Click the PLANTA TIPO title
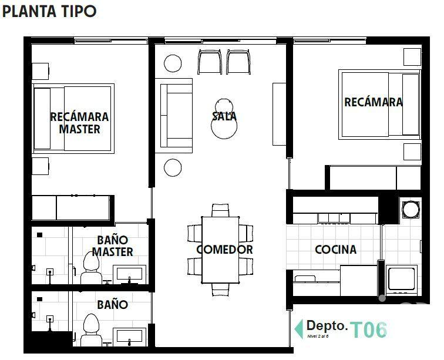click(x=49, y=12)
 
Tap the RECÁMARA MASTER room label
click(x=79, y=123)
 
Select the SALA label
click(x=224, y=116)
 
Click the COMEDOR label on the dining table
click(x=224, y=250)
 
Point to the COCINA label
click(x=335, y=250)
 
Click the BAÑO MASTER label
click(x=112, y=245)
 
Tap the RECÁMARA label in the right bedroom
click(x=374, y=102)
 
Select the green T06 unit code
click(x=369, y=330)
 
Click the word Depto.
click(x=327, y=326)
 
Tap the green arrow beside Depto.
click(x=298, y=327)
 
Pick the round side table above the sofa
click(x=173, y=63)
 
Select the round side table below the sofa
click(x=173, y=167)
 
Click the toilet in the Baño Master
click(x=91, y=271)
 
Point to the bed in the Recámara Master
click(x=73, y=117)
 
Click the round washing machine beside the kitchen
click(x=410, y=208)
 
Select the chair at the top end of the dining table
click(x=220, y=210)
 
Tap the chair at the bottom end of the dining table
click(x=220, y=288)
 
